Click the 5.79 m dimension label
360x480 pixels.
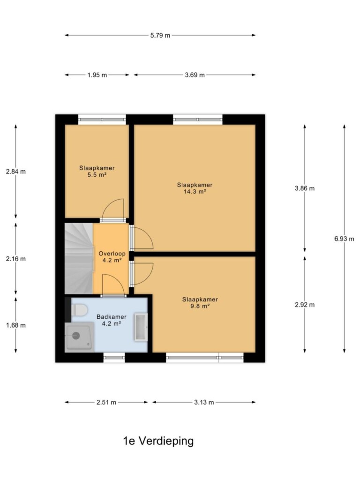coord(160,35)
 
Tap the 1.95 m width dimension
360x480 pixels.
coord(97,75)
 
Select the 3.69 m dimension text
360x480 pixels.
coord(195,75)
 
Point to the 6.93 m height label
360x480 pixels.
coord(344,239)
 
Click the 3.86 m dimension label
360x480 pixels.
coord(305,188)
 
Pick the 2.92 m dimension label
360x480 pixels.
coord(305,305)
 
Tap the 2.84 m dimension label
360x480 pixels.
coord(16,172)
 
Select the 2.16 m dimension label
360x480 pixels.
coord(16,259)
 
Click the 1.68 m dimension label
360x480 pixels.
coord(16,325)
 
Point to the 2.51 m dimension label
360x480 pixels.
coord(106,402)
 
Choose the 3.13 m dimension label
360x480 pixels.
coord(204,402)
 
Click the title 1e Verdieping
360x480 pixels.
coord(158,441)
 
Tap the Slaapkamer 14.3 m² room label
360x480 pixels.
coord(195,188)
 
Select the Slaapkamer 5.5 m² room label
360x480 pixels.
coord(97,172)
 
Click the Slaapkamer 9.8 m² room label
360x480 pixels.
coord(200,303)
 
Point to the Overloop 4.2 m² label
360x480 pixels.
coord(112,257)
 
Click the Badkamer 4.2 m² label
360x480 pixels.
coord(112,320)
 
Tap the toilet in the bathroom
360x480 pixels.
coord(79,309)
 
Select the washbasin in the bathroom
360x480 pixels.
coord(141,327)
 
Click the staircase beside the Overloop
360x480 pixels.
coord(79,259)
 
